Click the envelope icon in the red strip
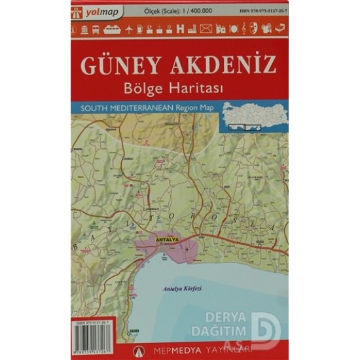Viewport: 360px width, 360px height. click(206, 29)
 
